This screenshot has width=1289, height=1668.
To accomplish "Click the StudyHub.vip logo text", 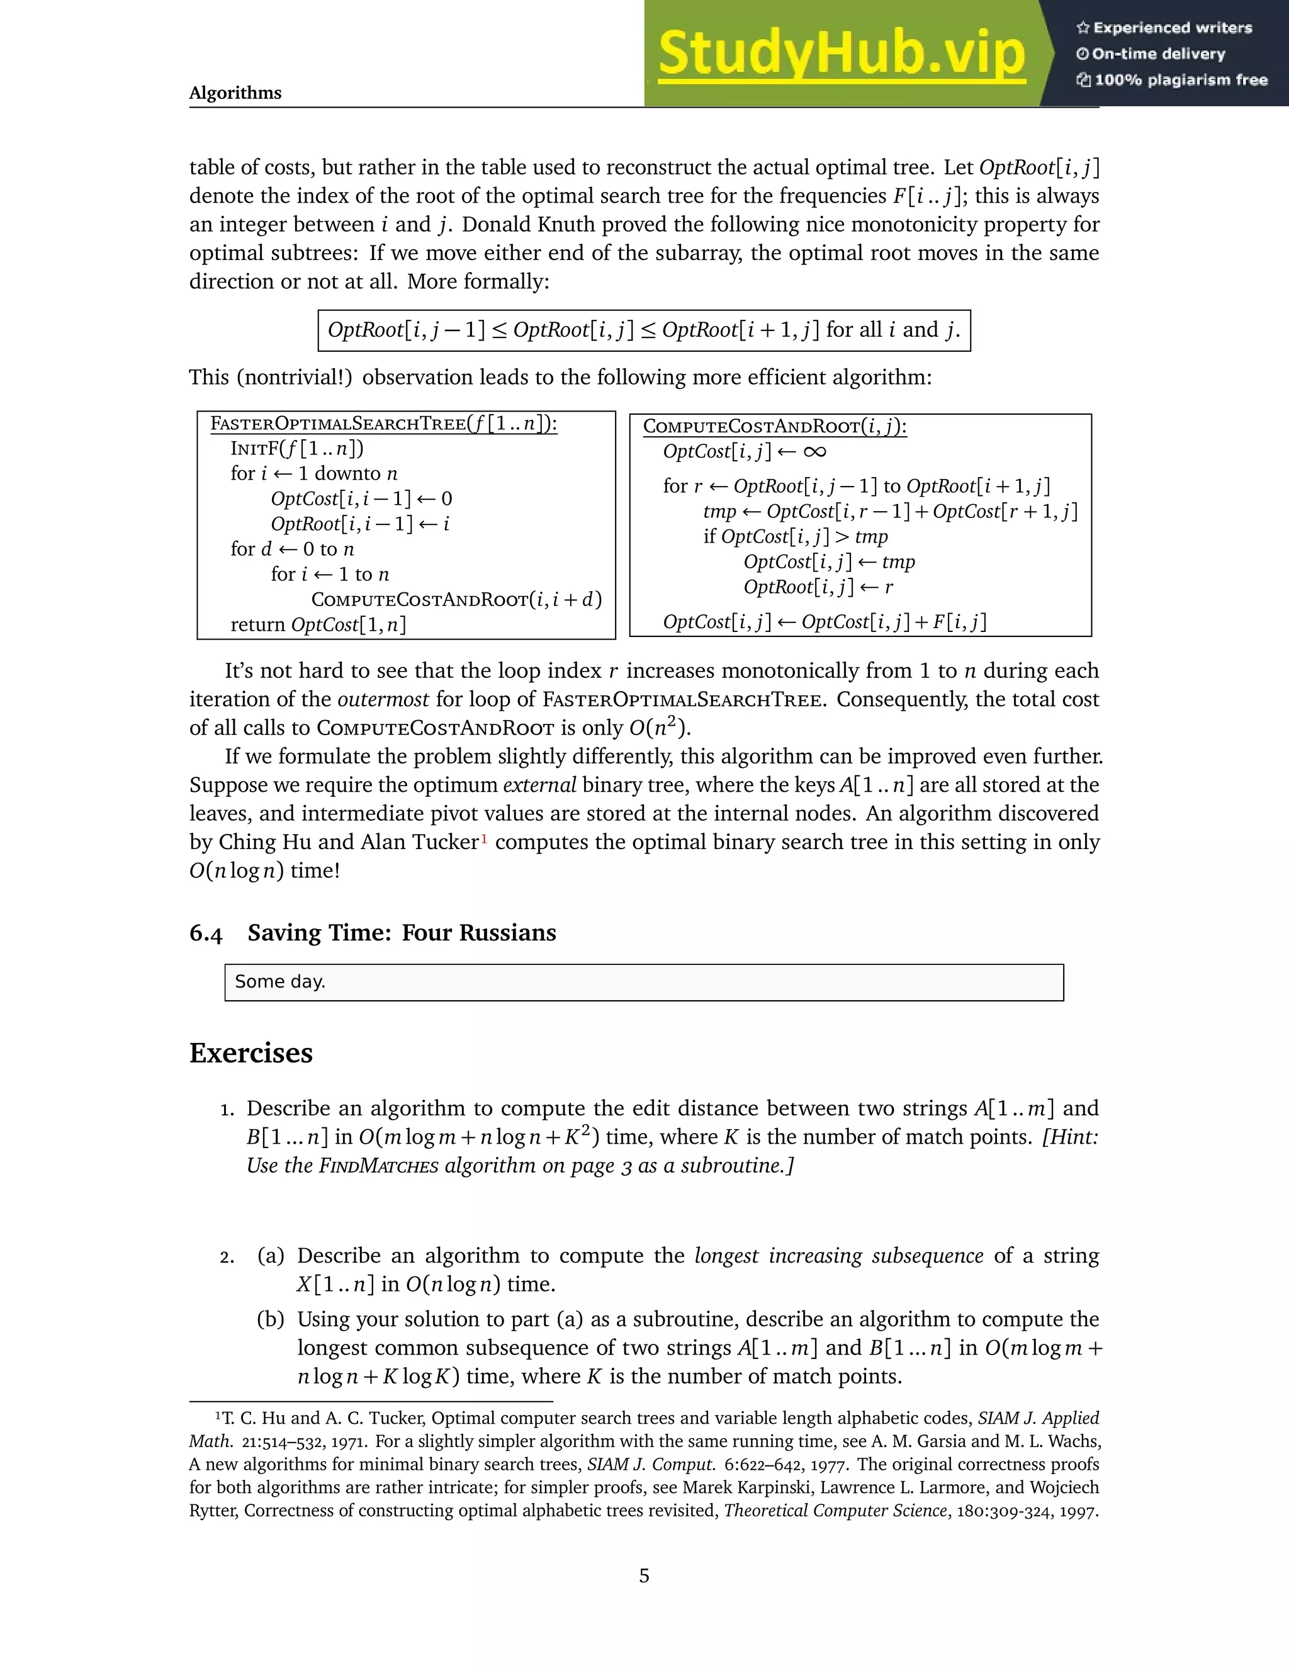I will click(x=841, y=54).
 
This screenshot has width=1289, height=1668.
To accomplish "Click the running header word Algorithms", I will click(x=235, y=93).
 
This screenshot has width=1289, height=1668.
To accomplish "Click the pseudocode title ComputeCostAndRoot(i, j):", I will click(x=774, y=426).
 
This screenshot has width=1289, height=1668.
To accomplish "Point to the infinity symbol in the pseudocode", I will click(x=815, y=451).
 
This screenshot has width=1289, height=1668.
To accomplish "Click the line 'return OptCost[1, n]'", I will click(x=318, y=625).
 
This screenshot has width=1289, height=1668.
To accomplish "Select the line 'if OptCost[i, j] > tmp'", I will click(x=795, y=537).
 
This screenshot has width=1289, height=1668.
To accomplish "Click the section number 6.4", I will click(x=205, y=933).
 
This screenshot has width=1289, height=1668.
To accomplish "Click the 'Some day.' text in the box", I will click(x=279, y=981).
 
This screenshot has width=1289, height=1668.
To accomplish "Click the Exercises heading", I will click(x=251, y=1053).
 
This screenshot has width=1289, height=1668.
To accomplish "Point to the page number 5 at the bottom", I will click(x=644, y=1575).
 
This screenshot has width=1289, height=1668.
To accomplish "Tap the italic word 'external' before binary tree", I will click(x=539, y=785).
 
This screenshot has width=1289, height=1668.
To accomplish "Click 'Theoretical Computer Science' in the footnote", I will click(x=835, y=1511).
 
